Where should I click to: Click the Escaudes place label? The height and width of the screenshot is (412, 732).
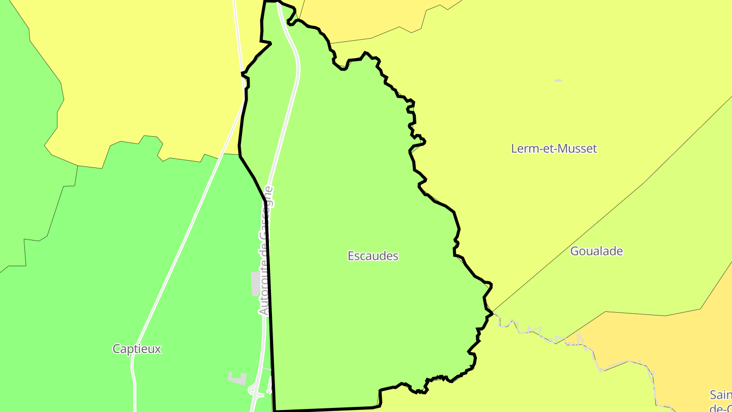(x=373, y=256)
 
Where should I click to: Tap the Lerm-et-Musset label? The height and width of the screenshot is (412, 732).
(x=554, y=149)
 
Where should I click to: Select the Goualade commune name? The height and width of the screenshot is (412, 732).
(x=596, y=251)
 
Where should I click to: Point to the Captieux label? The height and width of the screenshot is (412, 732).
(x=136, y=349)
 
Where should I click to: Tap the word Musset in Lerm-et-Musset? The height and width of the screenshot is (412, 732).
(x=577, y=149)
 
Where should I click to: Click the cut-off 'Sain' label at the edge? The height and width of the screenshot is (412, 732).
(x=720, y=395)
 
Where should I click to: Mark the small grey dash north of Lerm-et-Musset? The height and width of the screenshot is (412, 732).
(x=558, y=80)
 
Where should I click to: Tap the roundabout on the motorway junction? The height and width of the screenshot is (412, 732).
(x=253, y=391)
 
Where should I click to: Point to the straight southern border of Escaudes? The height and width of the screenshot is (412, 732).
(x=325, y=409)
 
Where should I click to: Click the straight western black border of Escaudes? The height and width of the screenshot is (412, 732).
(x=269, y=305)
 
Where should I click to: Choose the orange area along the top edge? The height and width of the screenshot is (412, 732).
(x=366, y=18)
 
